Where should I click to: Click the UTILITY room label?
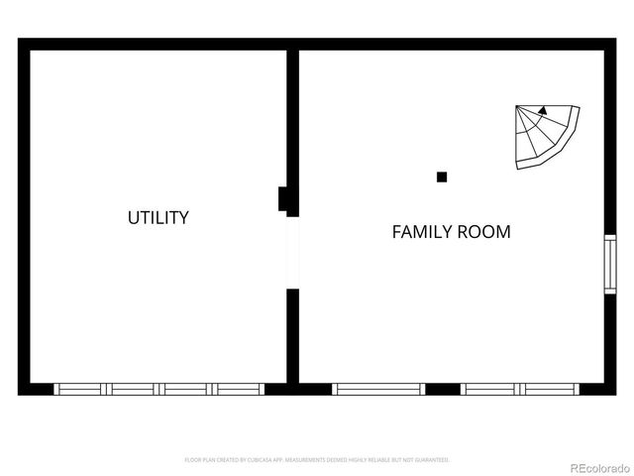(158, 217)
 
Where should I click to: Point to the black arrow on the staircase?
(542, 113)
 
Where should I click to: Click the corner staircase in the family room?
(544, 137)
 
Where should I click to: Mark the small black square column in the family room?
(442, 178)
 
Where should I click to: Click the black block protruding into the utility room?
(283, 199)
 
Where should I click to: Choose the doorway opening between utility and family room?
(292, 252)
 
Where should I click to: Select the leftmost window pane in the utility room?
(80, 390)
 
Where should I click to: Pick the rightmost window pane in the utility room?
(239, 390)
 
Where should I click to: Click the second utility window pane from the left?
(134, 390)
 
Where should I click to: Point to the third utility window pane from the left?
(186, 390)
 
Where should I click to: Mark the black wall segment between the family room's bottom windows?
(443, 390)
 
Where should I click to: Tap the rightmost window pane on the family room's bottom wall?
(551, 390)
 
